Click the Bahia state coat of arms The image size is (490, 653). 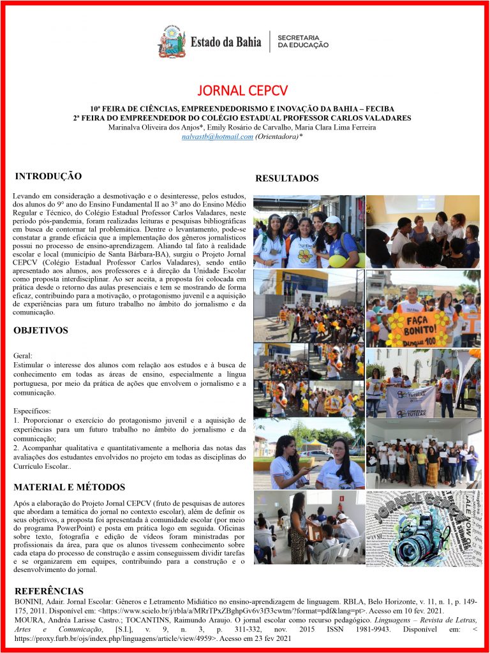tap(172, 42)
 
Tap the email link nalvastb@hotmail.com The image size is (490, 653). tap(218, 136)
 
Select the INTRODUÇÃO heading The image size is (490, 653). tap(48, 176)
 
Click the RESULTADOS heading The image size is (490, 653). tap(286, 179)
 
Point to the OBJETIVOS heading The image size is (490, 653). tap(41, 330)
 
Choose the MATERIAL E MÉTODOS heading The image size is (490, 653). tap(70, 487)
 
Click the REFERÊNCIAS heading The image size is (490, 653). tap(48, 591)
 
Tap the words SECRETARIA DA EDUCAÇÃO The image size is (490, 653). tap(303, 41)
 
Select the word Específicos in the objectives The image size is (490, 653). tap(33, 411)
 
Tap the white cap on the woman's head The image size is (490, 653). tap(332, 220)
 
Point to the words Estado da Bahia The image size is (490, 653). tap(226, 42)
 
